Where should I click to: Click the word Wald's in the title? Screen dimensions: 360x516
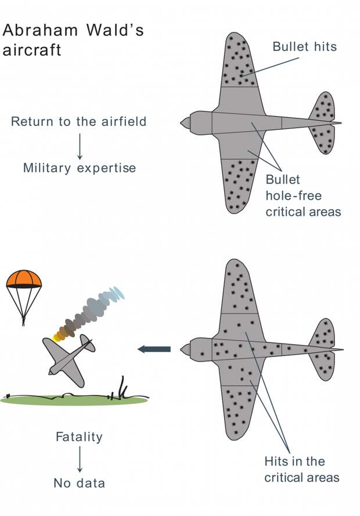point(115,30)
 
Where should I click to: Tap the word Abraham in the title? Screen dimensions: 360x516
point(40,30)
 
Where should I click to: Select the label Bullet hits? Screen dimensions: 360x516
point(304,46)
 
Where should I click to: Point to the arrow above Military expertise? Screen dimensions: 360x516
point(80,146)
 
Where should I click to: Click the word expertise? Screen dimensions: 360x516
point(106,168)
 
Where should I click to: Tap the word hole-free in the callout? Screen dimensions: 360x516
point(294,196)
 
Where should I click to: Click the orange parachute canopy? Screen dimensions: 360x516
point(24,279)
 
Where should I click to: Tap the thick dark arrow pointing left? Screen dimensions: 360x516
point(154,349)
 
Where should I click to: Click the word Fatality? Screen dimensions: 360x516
point(79,437)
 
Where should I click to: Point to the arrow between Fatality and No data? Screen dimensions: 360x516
point(80,459)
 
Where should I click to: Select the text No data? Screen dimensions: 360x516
point(80,483)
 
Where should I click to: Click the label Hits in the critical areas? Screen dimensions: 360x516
point(301,469)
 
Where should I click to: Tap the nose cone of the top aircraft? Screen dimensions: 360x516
point(185,122)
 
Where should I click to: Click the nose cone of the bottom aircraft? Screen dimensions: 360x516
point(185,349)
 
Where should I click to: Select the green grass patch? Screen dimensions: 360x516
point(74,400)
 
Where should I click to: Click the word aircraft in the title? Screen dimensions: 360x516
point(31,50)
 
